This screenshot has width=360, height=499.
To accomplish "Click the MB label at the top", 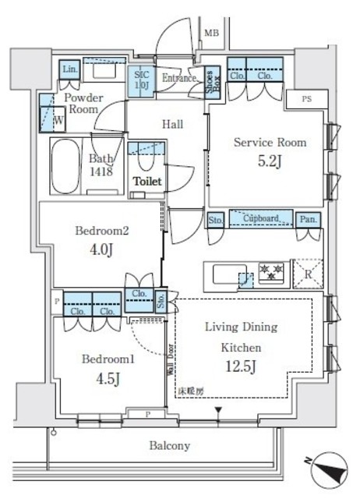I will [x=211, y=33].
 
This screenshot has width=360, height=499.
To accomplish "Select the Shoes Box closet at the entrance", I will [x=211, y=80].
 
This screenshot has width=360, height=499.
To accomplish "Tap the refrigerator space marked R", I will [x=305, y=273].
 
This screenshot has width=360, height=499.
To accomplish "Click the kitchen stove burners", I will [x=271, y=273].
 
